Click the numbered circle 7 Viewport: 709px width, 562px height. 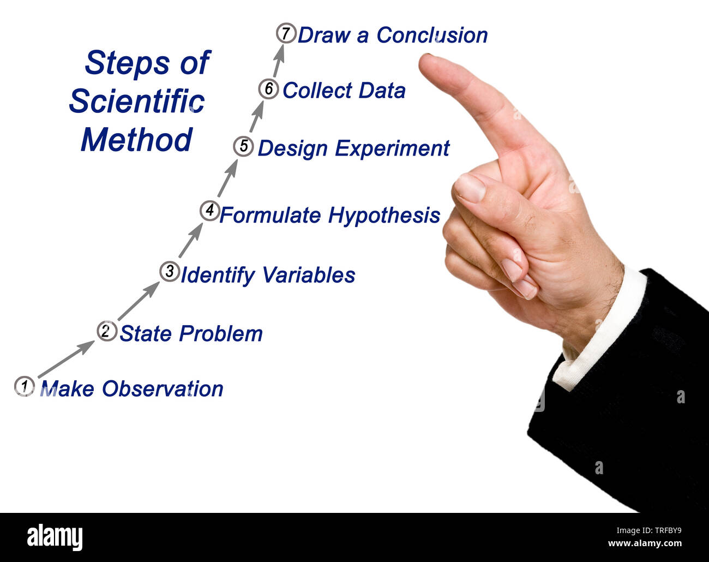tap(285, 33)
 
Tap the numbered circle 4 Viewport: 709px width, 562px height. tap(209, 210)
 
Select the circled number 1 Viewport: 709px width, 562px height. tap(23, 386)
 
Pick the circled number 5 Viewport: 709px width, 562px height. tap(243, 146)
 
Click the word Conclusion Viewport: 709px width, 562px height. tap(432, 35)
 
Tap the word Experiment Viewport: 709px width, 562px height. tap(392, 148)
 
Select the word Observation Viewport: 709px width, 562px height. tap(163, 389)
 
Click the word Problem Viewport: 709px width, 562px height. tap(221, 333)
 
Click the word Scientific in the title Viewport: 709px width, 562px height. tap(137, 101)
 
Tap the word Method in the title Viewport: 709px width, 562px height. tap(137, 140)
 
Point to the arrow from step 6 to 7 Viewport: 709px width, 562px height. tap(279, 61)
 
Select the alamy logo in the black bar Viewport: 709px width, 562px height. tap(55, 537)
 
